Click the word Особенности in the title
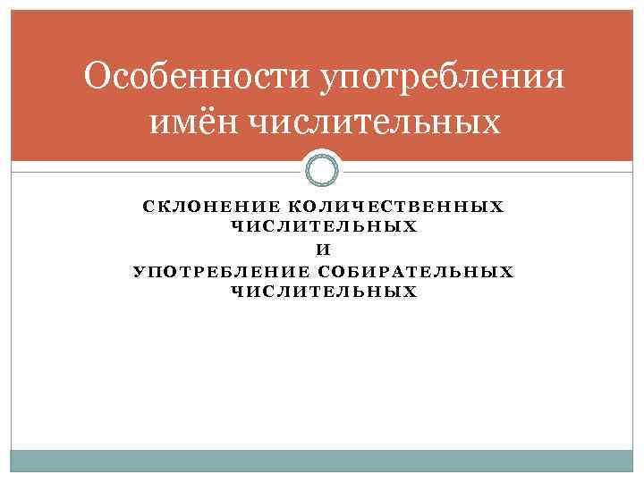[x=193, y=79]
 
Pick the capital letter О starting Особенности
[x=98, y=79]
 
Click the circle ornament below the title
[x=322, y=168]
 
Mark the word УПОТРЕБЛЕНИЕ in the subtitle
[x=221, y=271]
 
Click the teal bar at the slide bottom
[x=322, y=460]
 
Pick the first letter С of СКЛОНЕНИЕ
[x=148, y=207]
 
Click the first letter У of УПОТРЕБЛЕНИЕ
[x=139, y=271]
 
